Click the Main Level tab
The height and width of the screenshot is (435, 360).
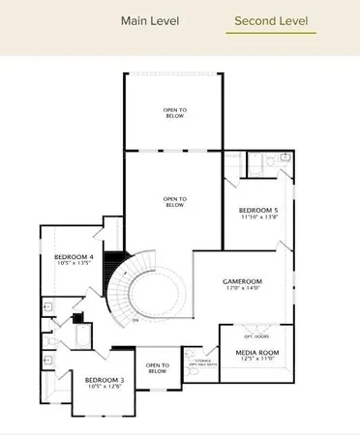[x=150, y=20]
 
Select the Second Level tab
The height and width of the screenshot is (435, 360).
[x=271, y=20]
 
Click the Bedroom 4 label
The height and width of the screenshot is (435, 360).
[x=73, y=256]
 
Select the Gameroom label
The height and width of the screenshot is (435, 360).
[x=242, y=280]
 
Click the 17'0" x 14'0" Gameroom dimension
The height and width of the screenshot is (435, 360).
[x=242, y=288]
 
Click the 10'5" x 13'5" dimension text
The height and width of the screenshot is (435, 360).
[x=73, y=263]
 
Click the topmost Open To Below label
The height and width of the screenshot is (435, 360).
[x=175, y=111]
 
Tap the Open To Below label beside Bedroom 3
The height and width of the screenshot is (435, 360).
[x=157, y=368]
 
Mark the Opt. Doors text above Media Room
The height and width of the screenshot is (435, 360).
[x=255, y=335]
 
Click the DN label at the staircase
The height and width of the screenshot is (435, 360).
[x=136, y=319]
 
